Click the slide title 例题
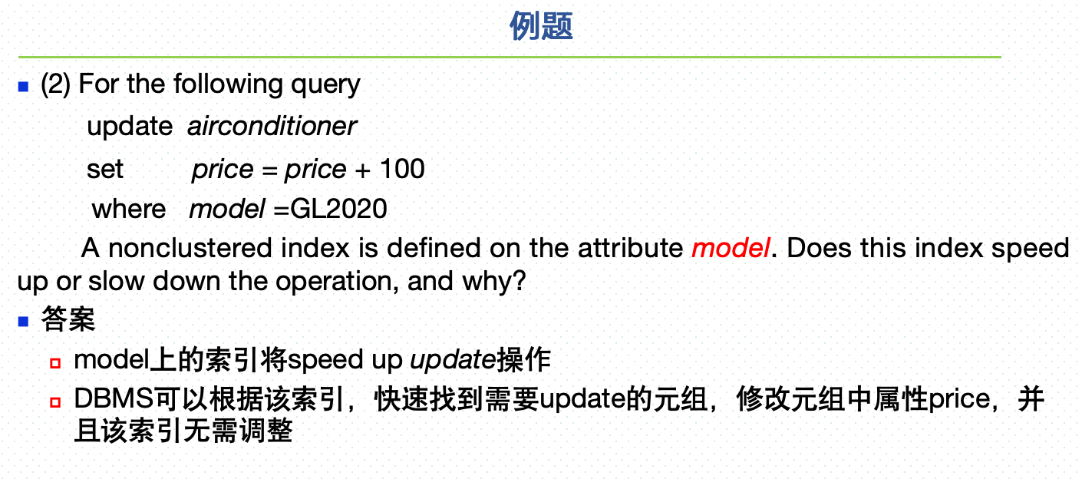click(x=541, y=26)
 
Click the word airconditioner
click(x=272, y=127)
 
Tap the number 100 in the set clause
click(x=402, y=169)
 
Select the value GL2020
click(x=338, y=209)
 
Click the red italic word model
click(x=731, y=248)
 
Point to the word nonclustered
click(x=190, y=248)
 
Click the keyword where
click(x=129, y=210)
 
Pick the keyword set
click(x=105, y=170)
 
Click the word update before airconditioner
click(x=130, y=127)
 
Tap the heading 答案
click(x=68, y=319)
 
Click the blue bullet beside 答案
click(x=23, y=322)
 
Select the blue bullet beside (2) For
click(x=23, y=87)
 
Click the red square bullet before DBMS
click(x=55, y=402)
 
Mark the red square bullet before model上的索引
click(x=55, y=363)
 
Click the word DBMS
click(x=114, y=399)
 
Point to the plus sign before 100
click(x=363, y=170)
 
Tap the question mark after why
click(x=520, y=280)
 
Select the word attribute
click(x=630, y=248)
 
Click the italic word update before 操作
click(x=453, y=361)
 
